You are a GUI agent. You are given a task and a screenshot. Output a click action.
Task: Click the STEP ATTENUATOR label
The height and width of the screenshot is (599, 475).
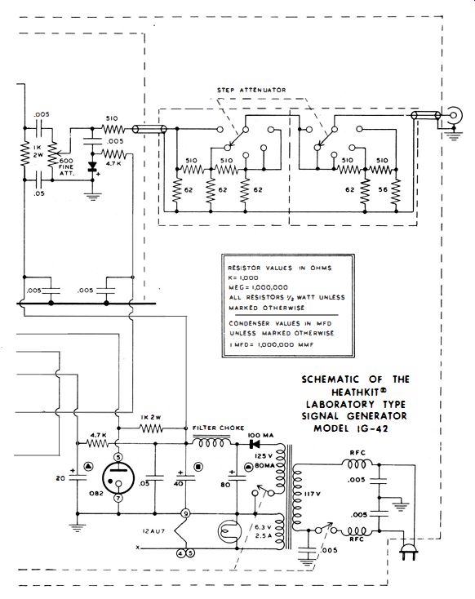[x=251, y=90]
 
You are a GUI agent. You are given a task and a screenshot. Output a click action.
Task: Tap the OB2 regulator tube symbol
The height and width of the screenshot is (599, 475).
[x=118, y=479]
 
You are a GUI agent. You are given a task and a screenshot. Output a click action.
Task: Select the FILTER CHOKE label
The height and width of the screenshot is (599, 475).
[x=218, y=428]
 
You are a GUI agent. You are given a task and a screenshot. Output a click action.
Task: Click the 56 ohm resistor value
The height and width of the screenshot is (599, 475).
[x=383, y=190]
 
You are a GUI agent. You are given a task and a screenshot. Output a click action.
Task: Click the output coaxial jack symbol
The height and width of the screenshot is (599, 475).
[x=455, y=115]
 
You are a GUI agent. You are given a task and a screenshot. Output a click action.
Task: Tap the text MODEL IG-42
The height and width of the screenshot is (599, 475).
[x=351, y=428]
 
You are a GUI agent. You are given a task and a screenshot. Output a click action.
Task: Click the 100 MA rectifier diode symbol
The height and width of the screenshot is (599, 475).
[x=253, y=444]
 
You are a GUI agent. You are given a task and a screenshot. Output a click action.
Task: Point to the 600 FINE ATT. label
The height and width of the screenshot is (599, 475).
[x=66, y=167]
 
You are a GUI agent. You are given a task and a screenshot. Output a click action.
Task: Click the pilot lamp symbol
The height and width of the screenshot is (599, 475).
[x=229, y=531]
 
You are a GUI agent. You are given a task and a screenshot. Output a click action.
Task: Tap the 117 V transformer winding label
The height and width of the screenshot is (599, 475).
[x=313, y=494]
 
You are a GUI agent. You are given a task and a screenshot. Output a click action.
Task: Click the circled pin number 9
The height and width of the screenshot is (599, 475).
[x=186, y=514]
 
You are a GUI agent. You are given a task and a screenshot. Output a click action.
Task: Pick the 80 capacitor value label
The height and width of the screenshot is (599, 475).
[x=225, y=485]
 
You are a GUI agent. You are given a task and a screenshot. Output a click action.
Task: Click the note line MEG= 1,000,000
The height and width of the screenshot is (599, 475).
[x=259, y=287]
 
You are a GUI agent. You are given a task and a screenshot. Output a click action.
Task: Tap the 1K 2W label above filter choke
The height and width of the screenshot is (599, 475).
[x=151, y=418]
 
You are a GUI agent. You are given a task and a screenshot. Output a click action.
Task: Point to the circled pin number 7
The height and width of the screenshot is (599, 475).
[x=118, y=498]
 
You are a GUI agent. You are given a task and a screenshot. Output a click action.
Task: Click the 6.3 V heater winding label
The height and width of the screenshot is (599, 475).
[x=263, y=527]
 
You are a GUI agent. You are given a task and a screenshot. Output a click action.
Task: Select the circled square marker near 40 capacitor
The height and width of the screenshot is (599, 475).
[x=198, y=467]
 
